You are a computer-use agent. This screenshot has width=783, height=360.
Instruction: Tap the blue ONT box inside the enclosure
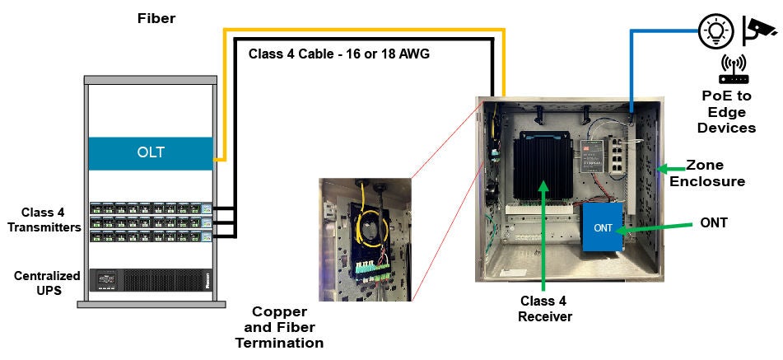point(603,227)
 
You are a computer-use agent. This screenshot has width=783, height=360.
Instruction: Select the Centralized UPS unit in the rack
point(151,280)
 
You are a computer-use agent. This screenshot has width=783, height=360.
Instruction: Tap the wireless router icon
point(734,71)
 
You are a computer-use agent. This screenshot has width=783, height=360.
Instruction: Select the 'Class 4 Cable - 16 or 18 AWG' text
point(339,55)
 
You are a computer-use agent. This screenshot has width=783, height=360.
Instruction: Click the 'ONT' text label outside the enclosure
point(712,222)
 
